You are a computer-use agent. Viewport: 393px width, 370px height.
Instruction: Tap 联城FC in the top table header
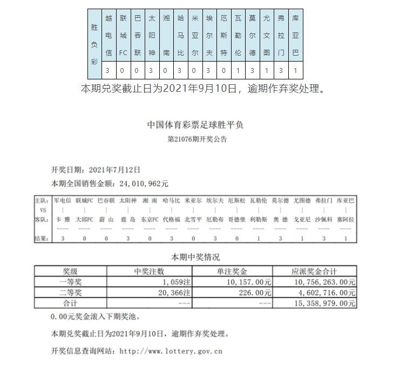tap(123, 36)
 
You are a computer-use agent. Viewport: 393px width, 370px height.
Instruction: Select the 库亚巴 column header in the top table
tap(295, 36)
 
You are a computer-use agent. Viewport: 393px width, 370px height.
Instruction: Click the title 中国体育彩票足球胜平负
tap(195, 125)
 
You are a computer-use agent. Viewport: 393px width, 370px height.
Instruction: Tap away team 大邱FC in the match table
tap(85, 220)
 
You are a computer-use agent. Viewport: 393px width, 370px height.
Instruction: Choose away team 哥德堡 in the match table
tap(237, 220)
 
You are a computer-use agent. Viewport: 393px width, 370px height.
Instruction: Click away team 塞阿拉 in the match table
tap(345, 220)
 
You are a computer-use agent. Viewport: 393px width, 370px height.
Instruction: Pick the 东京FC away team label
tap(150, 220)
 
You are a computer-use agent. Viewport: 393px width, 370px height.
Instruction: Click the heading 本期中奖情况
tap(195, 257)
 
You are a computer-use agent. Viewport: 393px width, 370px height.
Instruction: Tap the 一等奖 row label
tap(70, 281)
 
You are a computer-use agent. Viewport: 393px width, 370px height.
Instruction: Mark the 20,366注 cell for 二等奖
tap(173, 292)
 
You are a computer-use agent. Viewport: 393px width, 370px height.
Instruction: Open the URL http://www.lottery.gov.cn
tap(171, 351)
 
